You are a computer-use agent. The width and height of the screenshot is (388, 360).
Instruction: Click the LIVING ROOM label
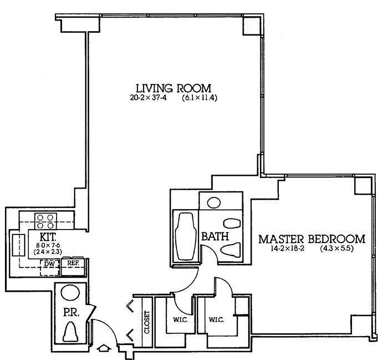(x=174, y=88)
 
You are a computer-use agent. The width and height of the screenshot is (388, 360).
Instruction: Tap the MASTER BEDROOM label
(x=312, y=238)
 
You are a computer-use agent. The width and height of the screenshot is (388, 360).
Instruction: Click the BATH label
(x=215, y=236)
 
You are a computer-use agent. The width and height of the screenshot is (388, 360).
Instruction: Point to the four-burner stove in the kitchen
(x=45, y=221)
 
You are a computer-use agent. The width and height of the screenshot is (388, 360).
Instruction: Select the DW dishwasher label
(x=49, y=264)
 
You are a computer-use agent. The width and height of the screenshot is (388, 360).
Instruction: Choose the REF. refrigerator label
(x=73, y=264)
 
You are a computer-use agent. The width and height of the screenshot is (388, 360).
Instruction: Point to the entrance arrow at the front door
(x=103, y=348)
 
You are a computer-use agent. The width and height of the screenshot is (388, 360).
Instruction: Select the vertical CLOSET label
(x=147, y=322)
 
